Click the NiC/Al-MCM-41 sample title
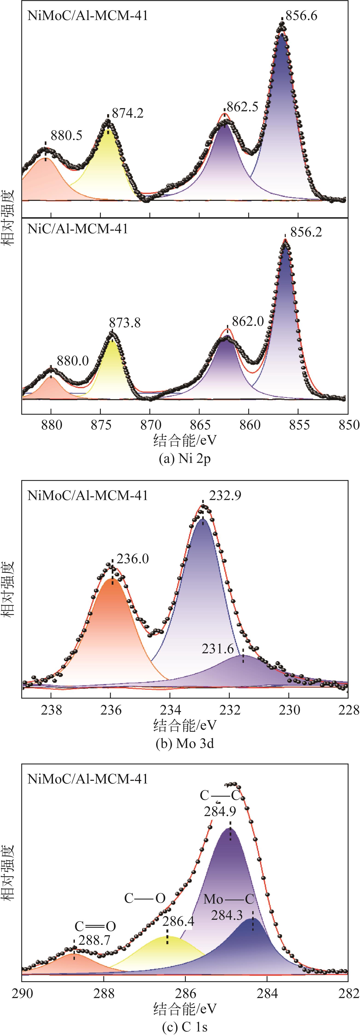(x=78, y=229)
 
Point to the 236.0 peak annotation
(x=133, y=559)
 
